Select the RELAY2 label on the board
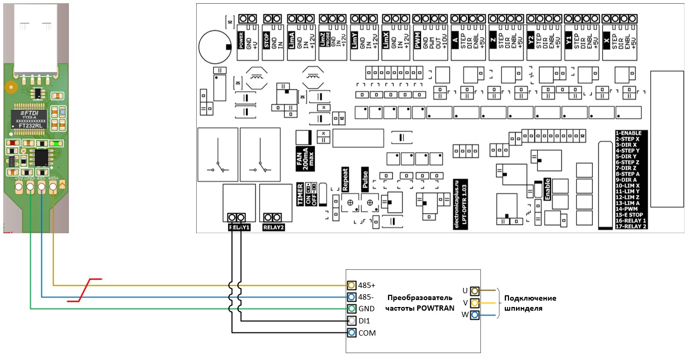click(x=274, y=227)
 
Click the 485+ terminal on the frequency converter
click(x=351, y=285)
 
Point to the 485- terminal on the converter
click(x=351, y=297)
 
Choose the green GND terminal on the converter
click(x=351, y=309)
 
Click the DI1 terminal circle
click(x=351, y=321)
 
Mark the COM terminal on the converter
click(x=351, y=333)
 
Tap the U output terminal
click(x=475, y=291)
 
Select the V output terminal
click(x=475, y=303)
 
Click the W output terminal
click(x=475, y=315)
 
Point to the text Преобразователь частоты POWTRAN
click(x=419, y=302)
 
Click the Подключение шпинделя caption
click(x=530, y=303)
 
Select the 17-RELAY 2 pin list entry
click(x=631, y=226)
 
